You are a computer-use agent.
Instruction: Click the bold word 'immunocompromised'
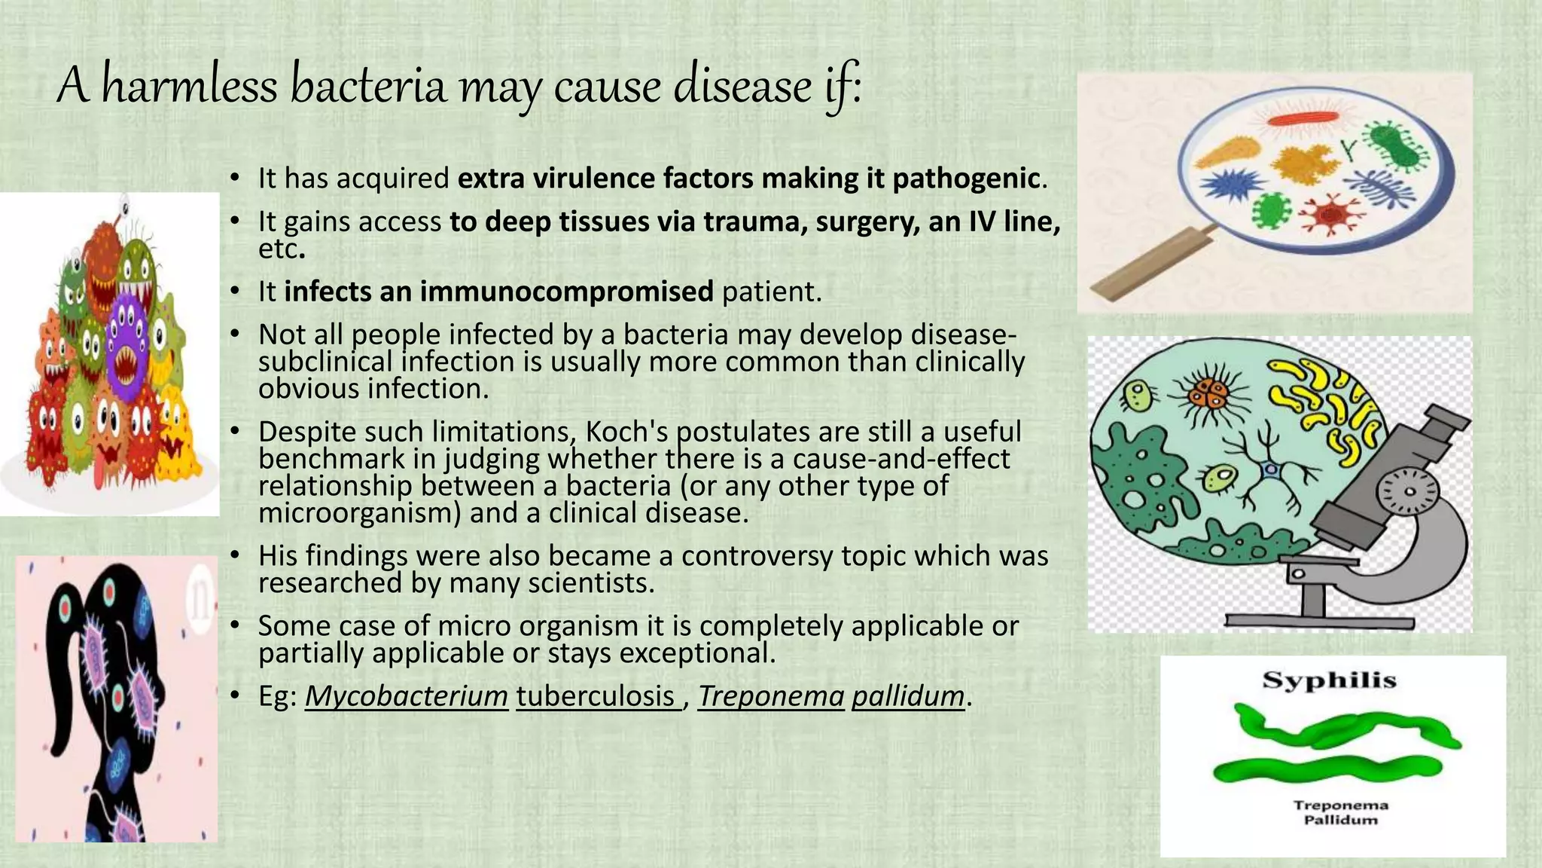[498, 292]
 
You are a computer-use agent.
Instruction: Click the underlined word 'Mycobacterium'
[407, 696]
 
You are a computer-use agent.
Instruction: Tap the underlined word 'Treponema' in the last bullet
[771, 696]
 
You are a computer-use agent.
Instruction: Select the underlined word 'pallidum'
[908, 696]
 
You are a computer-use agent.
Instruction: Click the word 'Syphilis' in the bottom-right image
[1329, 680]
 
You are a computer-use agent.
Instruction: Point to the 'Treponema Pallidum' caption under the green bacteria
[1340, 812]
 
